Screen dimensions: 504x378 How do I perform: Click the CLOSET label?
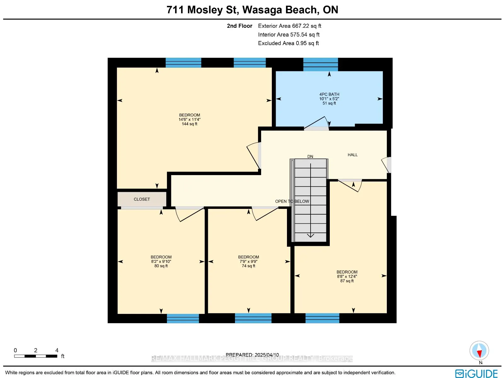pos(142,199)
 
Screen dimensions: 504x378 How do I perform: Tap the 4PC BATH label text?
pos(329,94)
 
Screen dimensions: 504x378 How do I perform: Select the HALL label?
pos(352,155)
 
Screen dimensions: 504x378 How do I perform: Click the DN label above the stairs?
pos(310,157)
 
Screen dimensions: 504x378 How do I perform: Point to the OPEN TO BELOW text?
pos(292,201)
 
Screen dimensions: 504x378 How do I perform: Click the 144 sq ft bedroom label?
pos(189,119)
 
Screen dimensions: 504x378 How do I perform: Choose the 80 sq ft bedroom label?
pos(161,262)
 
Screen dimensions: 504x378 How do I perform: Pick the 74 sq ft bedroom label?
pos(249,262)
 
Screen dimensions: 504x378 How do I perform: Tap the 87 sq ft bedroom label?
pos(347,276)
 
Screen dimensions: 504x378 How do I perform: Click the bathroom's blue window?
pos(321,64)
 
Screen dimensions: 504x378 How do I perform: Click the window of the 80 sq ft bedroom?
pos(183,318)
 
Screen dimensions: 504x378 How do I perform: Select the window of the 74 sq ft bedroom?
pos(253,318)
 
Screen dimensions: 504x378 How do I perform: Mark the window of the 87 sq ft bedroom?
pos(322,318)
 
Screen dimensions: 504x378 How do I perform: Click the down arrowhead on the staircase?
pos(311,235)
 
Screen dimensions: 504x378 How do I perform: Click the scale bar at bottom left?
pos(36,356)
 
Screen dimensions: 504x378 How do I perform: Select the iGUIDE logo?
pos(477,373)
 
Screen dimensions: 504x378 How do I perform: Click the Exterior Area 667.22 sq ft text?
pos(289,26)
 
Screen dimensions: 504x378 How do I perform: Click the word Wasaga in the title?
pos(262,10)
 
